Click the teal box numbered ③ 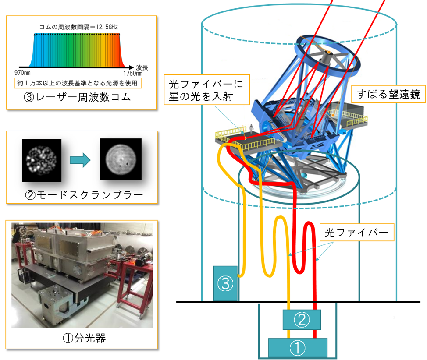pyautogui.click(x=225, y=283)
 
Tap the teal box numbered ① pyautogui.click(x=298, y=348)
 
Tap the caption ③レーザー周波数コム pyautogui.click(x=82, y=97)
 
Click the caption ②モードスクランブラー pyautogui.click(x=82, y=192)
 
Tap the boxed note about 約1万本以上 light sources pyautogui.click(x=78, y=82)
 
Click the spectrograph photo pyautogui.click(x=82, y=275)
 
